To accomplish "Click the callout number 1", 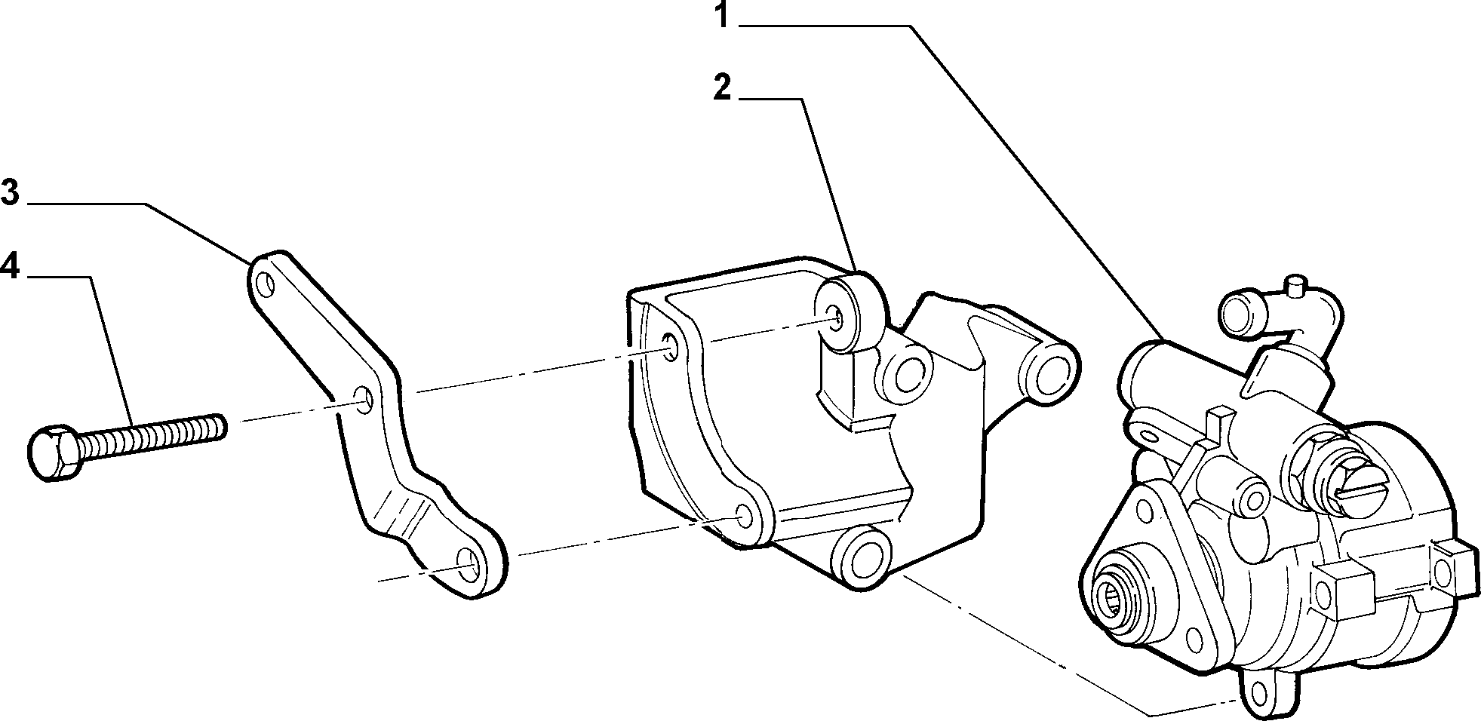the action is [x=723, y=15].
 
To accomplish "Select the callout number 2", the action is [x=722, y=88].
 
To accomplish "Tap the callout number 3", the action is [x=10, y=192].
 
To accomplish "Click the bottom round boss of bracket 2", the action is [x=860, y=558].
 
